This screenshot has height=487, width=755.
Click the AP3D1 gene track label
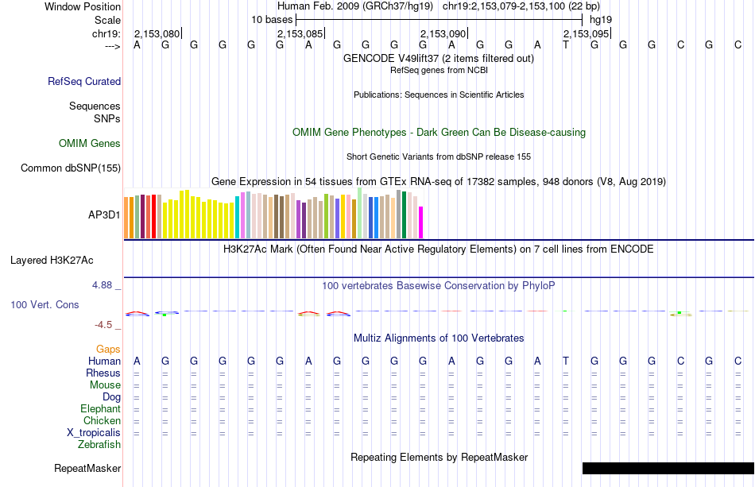pyautogui.click(x=104, y=215)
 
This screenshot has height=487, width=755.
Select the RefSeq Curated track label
pyautogui.click(x=84, y=81)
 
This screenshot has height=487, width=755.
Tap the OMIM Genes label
pyautogui.click(x=90, y=144)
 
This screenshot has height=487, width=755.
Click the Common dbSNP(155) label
pyautogui.click(x=71, y=168)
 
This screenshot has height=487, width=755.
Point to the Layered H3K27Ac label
pyautogui.click(x=52, y=260)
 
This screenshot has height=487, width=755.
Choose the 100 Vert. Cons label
pyautogui.click(x=45, y=304)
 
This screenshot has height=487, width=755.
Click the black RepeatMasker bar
pyautogui.click(x=668, y=468)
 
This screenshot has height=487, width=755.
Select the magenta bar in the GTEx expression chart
pyautogui.click(x=421, y=222)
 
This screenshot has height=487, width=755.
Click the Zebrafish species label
pyautogui.click(x=99, y=445)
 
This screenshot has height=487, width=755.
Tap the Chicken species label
pyautogui.click(x=102, y=421)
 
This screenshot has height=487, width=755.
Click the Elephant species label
pyautogui.click(x=100, y=409)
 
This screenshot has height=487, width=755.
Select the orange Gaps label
pyautogui.click(x=108, y=349)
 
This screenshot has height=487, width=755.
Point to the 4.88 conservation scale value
pyautogui.click(x=106, y=284)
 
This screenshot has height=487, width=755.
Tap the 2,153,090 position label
pyautogui.click(x=443, y=33)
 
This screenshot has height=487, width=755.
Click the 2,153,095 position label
pyautogui.click(x=586, y=33)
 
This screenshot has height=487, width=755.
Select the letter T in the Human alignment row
pyautogui.click(x=566, y=361)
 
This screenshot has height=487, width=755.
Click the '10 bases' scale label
pyautogui.click(x=272, y=19)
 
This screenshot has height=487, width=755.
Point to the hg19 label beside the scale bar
pyautogui.click(x=600, y=19)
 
